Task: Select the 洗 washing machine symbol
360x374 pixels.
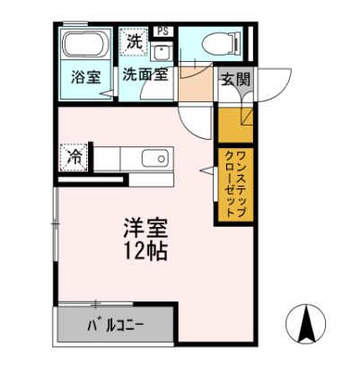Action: (x=134, y=40)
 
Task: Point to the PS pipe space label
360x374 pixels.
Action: (x=162, y=31)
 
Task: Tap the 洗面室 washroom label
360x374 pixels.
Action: (x=145, y=76)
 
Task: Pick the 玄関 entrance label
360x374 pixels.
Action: (x=236, y=78)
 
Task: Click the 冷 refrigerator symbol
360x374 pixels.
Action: (x=77, y=157)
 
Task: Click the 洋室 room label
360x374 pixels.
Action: (x=143, y=226)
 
